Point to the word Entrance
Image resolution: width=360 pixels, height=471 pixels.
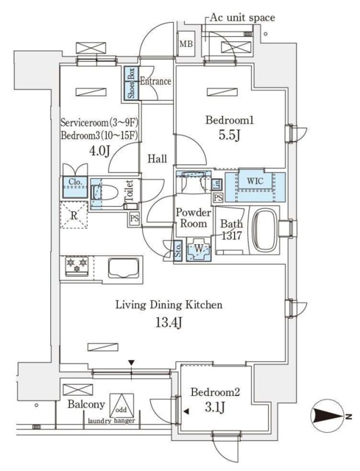click(155, 81)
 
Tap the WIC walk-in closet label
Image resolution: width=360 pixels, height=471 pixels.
click(254, 180)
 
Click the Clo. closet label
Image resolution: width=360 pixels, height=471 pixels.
click(76, 183)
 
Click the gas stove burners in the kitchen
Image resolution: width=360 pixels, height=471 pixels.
click(77, 265)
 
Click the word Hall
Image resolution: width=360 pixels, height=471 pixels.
click(157, 159)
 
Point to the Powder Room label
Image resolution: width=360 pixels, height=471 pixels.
click(191, 218)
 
